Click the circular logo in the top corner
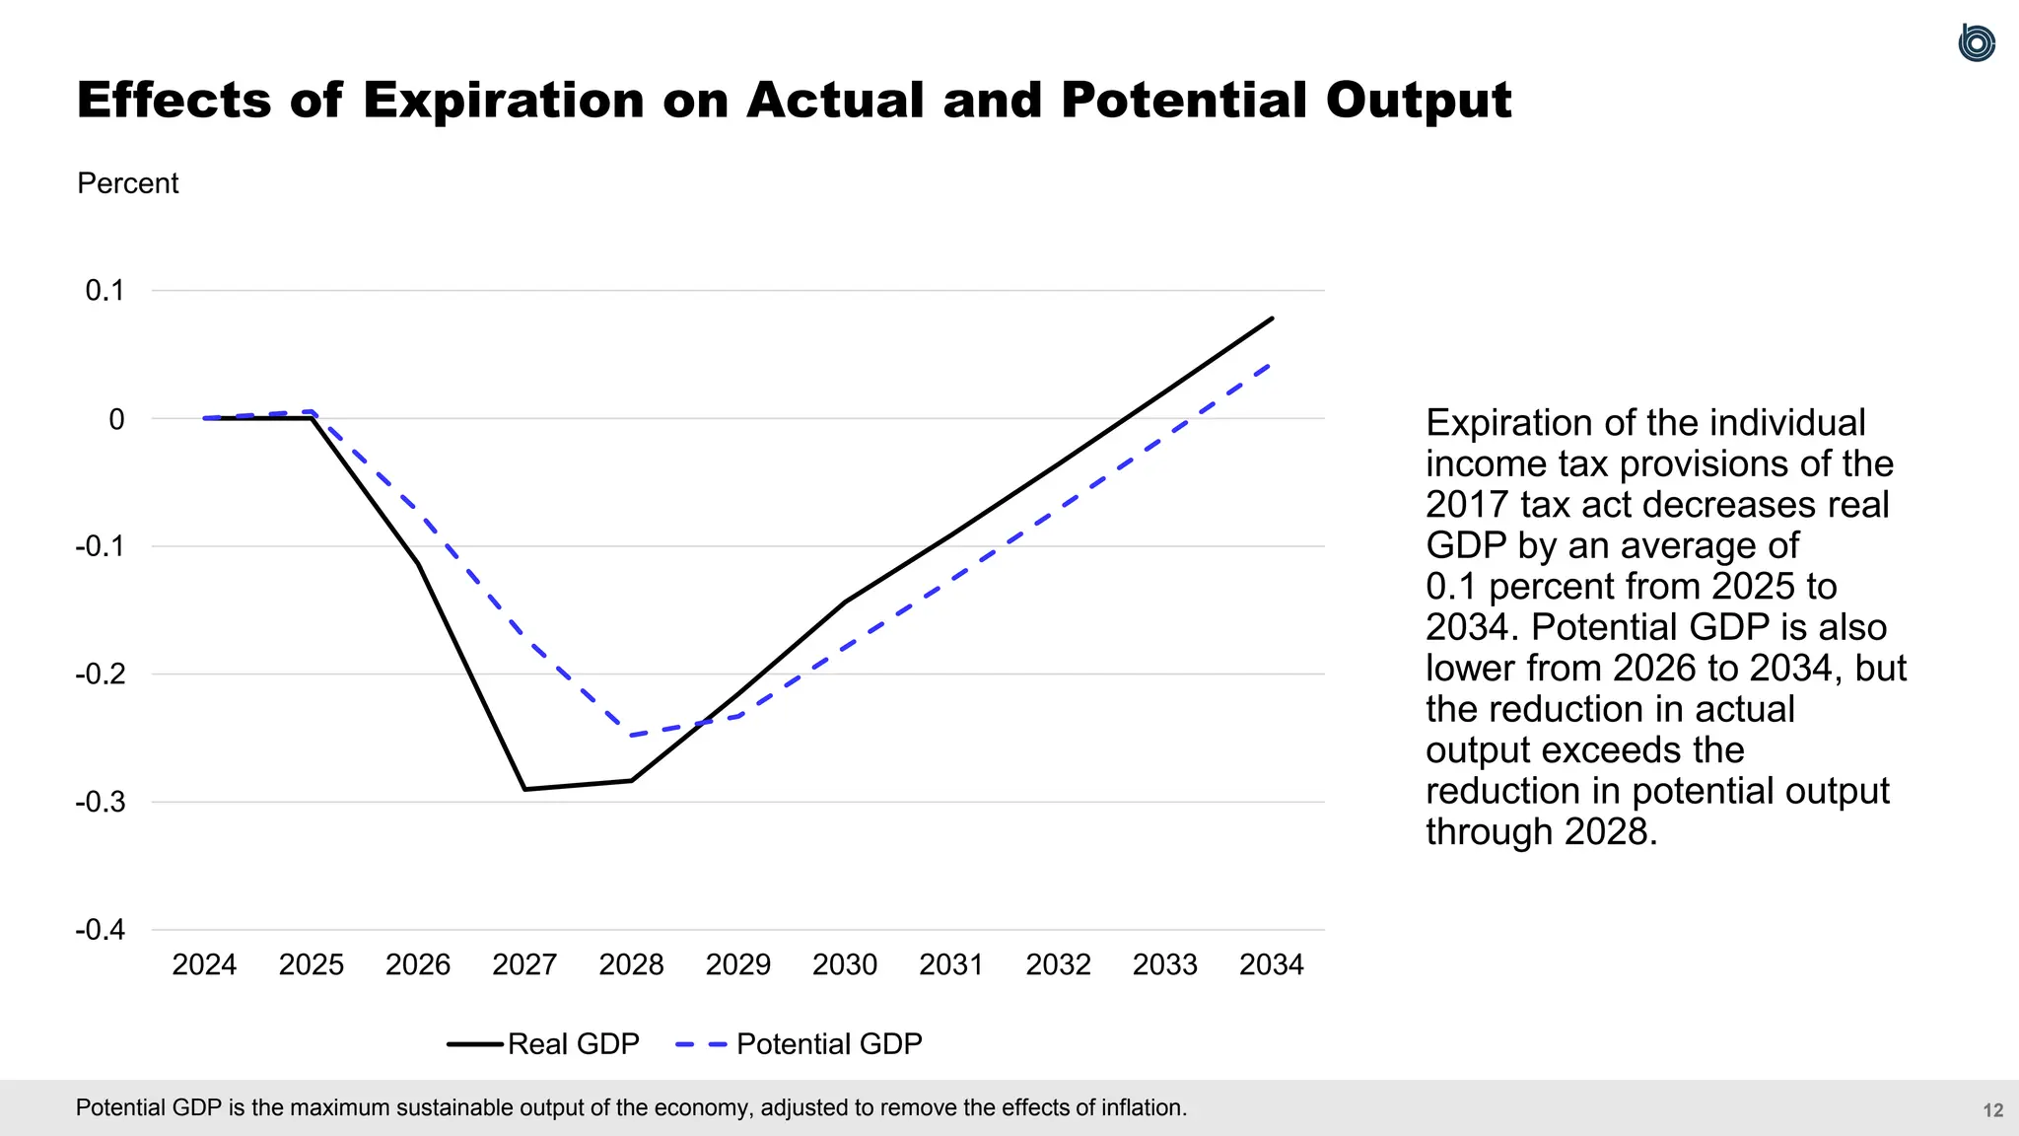1976,43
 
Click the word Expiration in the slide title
503,101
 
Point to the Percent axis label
127,183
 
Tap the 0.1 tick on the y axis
104,291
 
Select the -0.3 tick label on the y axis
101,802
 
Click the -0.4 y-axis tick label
101,930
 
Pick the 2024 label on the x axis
204,964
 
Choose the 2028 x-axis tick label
631,964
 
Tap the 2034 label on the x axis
1271,964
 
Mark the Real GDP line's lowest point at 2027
524,789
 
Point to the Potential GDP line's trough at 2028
631,736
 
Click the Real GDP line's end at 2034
1272,319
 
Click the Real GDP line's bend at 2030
845,602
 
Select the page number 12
1992,1110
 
